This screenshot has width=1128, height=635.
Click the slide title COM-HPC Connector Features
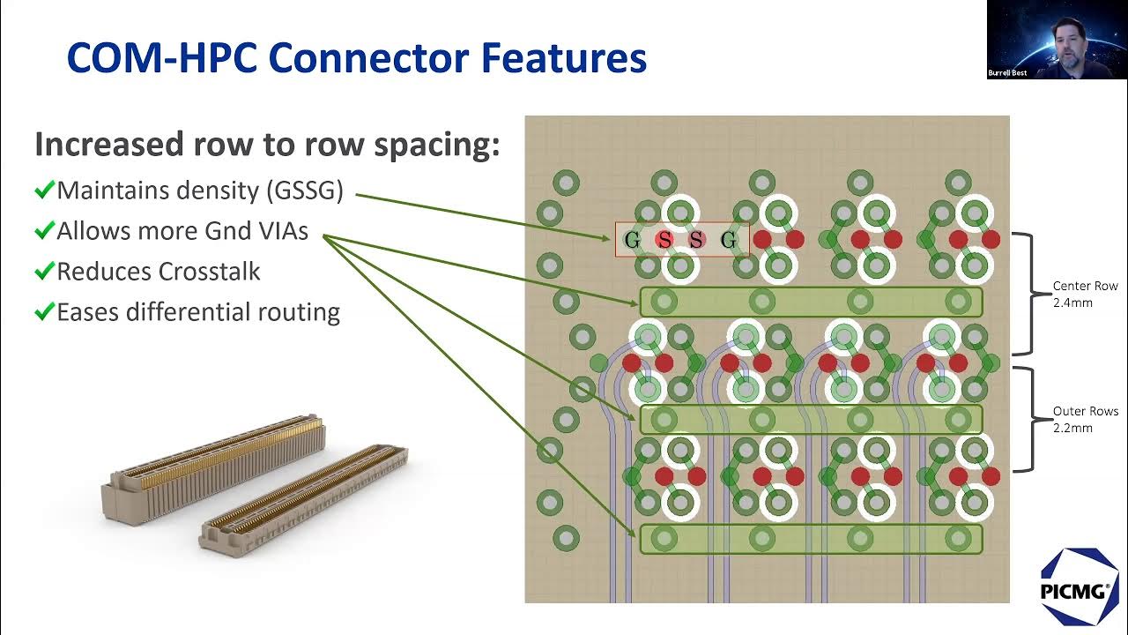coord(357,58)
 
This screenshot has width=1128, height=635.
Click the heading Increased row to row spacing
coord(267,145)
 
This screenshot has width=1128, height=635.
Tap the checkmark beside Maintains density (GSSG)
coord(44,190)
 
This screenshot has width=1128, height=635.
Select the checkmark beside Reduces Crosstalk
coord(44,271)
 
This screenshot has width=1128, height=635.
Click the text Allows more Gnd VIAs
coord(182,231)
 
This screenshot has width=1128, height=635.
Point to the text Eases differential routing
coord(198,311)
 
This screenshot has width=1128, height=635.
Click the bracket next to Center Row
coord(1027,294)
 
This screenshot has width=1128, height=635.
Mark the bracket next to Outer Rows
coord(1027,419)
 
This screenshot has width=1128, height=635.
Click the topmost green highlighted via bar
coord(810,302)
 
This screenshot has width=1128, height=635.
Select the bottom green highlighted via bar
coord(810,539)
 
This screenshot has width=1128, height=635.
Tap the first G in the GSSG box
coord(631,240)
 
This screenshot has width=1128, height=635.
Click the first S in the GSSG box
coord(664,240)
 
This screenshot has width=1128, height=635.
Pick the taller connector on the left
coord(216,467)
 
